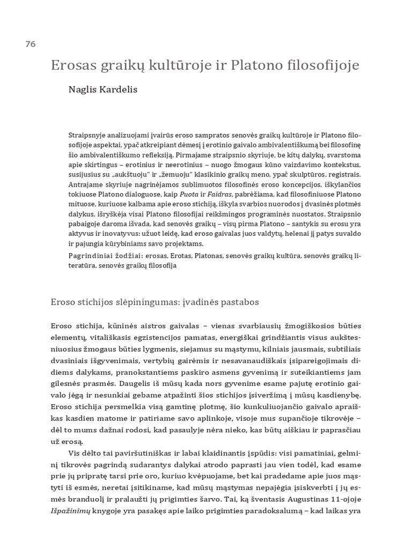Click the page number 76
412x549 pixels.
tap(30, 44)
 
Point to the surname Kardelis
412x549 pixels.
tap(119, 90)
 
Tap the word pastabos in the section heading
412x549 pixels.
tap(241, 302)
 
